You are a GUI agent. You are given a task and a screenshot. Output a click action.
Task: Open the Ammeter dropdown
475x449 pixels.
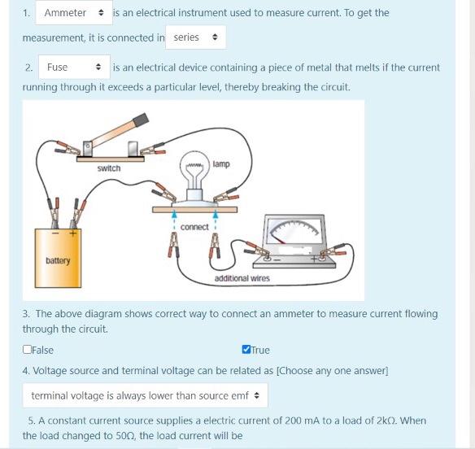(x=74, y=13)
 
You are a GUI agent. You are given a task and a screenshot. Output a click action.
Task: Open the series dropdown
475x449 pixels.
(x=196, y=37)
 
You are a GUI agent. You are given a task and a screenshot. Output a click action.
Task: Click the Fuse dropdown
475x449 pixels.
(x=74, y=67)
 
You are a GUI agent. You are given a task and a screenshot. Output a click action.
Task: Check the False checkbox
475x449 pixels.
(x=27, y=350)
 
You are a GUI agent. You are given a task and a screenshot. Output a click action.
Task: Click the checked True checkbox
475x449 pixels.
(x=246, y=350)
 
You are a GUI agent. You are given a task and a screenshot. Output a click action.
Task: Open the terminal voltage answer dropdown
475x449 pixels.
(x=145, y=395)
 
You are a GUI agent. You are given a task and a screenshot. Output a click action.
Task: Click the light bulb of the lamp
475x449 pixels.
(x=194, y=171)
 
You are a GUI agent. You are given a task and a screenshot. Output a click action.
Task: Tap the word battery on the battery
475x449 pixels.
(x=58, y=260)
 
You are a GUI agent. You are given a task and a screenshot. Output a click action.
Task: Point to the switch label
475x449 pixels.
(x=109, y=168)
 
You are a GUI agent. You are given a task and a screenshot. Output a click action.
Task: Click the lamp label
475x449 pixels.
(x=221, y=164)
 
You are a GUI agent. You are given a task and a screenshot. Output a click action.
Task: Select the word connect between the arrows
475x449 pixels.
(x=194, y=227)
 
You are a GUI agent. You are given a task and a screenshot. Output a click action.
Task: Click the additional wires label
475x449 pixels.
(x=242, y=278)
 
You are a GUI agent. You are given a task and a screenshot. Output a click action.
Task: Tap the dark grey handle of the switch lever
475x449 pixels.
(x=141, y=119)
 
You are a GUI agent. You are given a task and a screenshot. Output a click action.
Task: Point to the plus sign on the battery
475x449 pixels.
(x=72, y=233)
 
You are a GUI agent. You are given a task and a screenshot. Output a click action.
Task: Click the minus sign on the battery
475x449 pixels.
(x=55, y=233)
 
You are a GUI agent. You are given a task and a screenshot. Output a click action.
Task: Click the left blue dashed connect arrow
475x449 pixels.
(x=174, y=221)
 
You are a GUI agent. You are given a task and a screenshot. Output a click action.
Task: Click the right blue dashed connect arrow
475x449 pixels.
(x=216, y=221)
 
